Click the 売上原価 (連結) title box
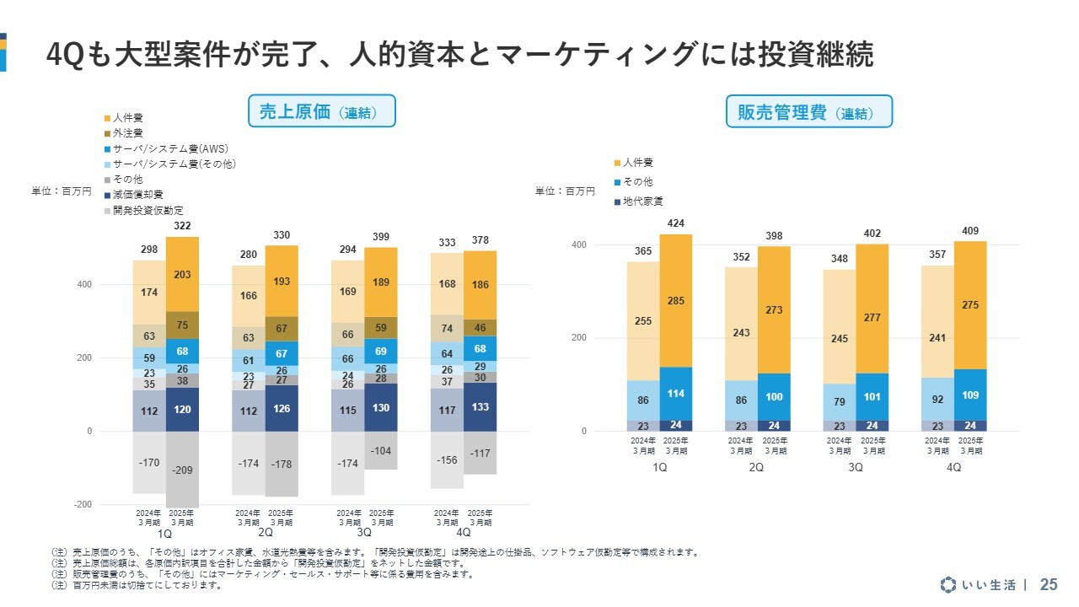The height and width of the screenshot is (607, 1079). click(321, 111)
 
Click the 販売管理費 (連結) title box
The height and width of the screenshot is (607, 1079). click(808, 112)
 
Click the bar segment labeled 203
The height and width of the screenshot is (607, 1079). click(182, 275)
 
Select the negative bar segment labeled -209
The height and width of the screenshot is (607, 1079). click(182, 469)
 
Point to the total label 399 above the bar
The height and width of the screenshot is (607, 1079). click(380, 237)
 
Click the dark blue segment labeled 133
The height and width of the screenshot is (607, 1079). click(480, 407)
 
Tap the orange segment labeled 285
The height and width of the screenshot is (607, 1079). click(675, 300)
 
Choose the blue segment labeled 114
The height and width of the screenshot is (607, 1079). click(675, 394)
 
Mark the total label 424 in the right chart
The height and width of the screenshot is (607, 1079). click(675, 223)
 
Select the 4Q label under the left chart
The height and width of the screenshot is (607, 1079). click(463, 534)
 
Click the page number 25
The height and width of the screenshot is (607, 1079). click(1049, 584)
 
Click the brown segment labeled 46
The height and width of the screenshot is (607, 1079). click(480, 327)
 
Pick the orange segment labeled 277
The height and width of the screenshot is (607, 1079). click(872, 317)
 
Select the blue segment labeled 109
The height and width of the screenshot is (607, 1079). click(970, 395)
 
